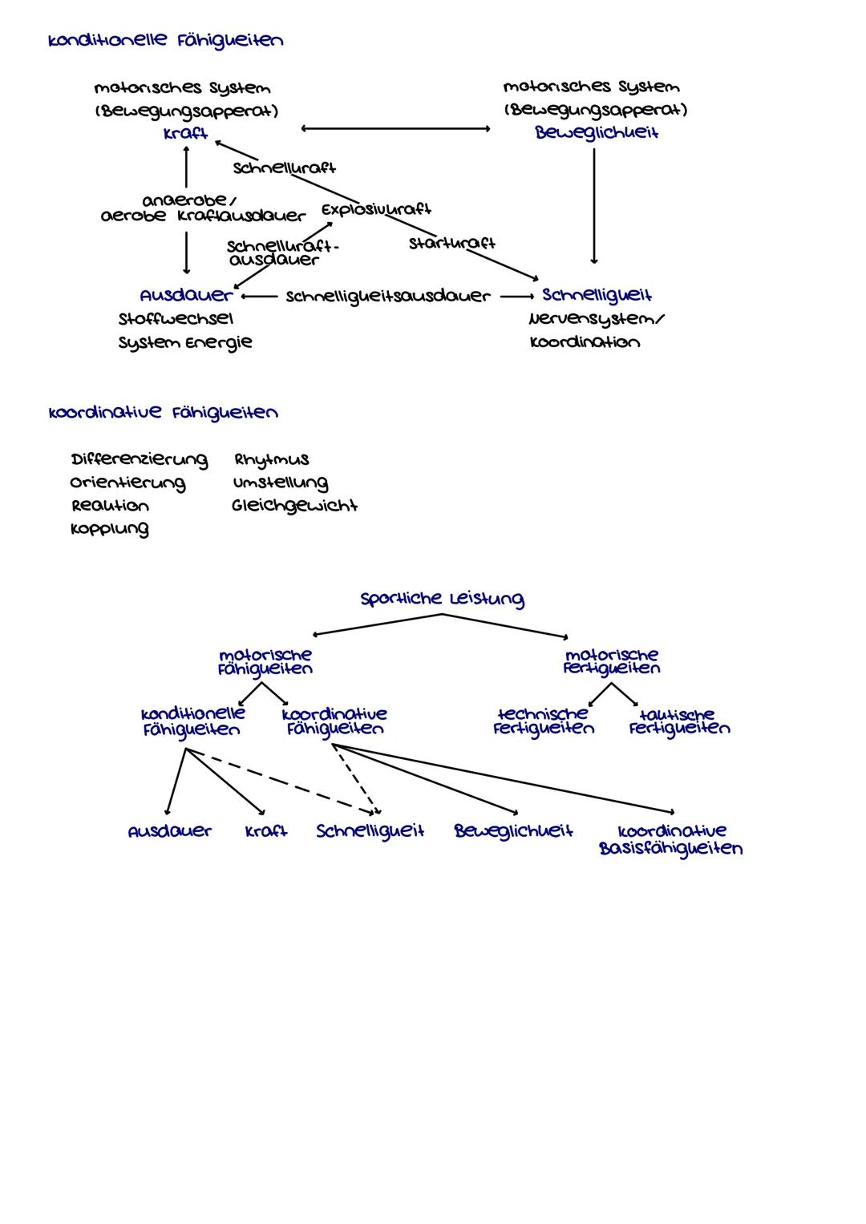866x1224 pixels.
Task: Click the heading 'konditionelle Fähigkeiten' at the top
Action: click(x=165, y=41)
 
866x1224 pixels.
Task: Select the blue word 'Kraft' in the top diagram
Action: click(x=185, y=134)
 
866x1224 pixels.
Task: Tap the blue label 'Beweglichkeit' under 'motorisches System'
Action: click(x=597, y=133)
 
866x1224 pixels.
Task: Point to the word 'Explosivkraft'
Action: click(x=376, y=209)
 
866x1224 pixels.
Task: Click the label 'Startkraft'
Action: click(x=451, y=242)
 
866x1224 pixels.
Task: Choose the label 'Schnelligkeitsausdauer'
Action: click(x=387, y=297)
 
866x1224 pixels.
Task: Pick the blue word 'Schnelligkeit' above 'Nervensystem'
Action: click(x=597, y=296)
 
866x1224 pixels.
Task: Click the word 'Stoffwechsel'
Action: click(x=176, y=319)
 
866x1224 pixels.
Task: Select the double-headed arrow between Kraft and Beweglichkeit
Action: click(x=395, y=128)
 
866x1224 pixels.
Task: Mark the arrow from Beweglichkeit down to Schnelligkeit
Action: click(x=594, y=206)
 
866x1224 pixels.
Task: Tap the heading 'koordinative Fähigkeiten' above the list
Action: click(x=164, y=414)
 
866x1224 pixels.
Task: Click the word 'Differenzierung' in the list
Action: click(x=139, y=460)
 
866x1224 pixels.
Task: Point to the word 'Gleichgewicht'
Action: click(x=294, y=507)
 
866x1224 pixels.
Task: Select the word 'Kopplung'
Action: click(x=109, y=529)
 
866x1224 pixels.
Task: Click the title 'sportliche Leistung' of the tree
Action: click(x=442, y=600)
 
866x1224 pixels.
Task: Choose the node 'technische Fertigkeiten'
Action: click(x=544, y=721)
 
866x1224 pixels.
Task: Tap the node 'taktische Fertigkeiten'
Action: click(x=679, y=721)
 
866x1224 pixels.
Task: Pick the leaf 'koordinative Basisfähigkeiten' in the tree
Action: click(x=671, y=840)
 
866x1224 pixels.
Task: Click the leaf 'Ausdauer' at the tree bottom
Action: click(x=169, y=831)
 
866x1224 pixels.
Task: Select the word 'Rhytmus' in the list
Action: click(x=271, y=460)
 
